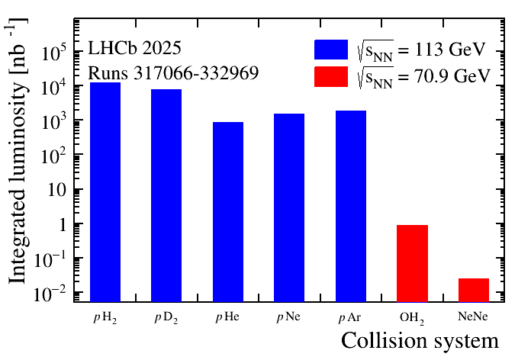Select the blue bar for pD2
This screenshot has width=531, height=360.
(166, 195)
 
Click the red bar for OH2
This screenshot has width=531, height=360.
(412, 263)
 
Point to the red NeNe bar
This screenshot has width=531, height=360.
(474, 290)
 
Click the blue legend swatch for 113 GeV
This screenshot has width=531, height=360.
(331, 50)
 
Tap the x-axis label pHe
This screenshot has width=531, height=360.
(228, 315)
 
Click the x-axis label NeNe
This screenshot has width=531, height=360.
(474, 315)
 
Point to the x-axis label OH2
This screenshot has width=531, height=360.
(413, 316)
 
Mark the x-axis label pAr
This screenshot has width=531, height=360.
(351, 315)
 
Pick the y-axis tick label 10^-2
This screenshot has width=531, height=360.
(61, 294)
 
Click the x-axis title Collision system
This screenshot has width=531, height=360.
(420, 340)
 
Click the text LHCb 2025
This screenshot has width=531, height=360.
(134, 50)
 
